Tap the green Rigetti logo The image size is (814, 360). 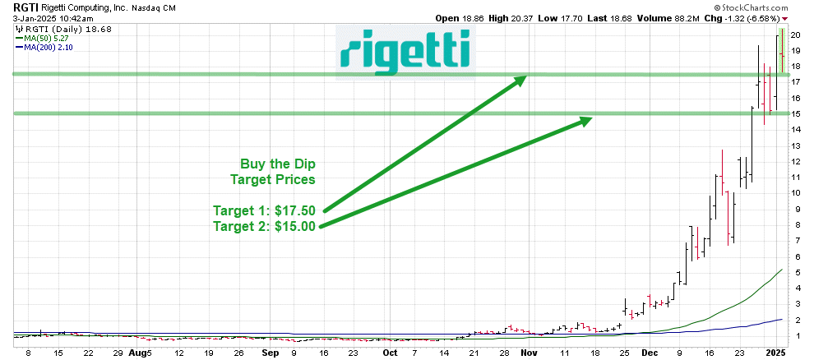[x=405, y=50]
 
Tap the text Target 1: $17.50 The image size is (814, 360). [x=264, y=211]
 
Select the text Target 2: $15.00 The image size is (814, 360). [x=264, y=227]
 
